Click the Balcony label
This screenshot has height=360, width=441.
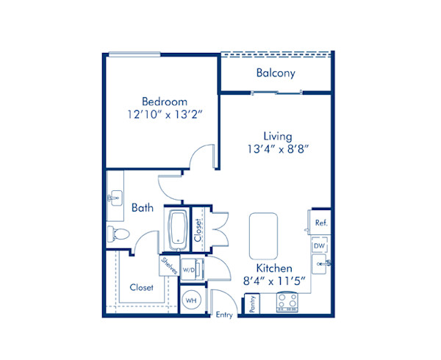point(276,73)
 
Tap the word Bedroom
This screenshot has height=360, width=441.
point(163,101)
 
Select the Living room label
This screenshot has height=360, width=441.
point(278,136)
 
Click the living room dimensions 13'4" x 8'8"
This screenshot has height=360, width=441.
point(278,149)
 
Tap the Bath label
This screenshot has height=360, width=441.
point(143,208)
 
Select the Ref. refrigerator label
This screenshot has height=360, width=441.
point(320,222)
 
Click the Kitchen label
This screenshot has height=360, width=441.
point(275,268)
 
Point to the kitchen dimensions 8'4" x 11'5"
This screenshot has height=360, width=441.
point(275,281)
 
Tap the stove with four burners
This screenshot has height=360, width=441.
point(286,303)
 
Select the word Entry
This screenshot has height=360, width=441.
point(223,315)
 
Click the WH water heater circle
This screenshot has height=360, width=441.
point(190,300)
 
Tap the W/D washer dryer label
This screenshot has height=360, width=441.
point(189,270)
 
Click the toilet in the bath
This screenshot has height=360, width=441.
point(118,234)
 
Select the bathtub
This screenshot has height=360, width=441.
point(177,229)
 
